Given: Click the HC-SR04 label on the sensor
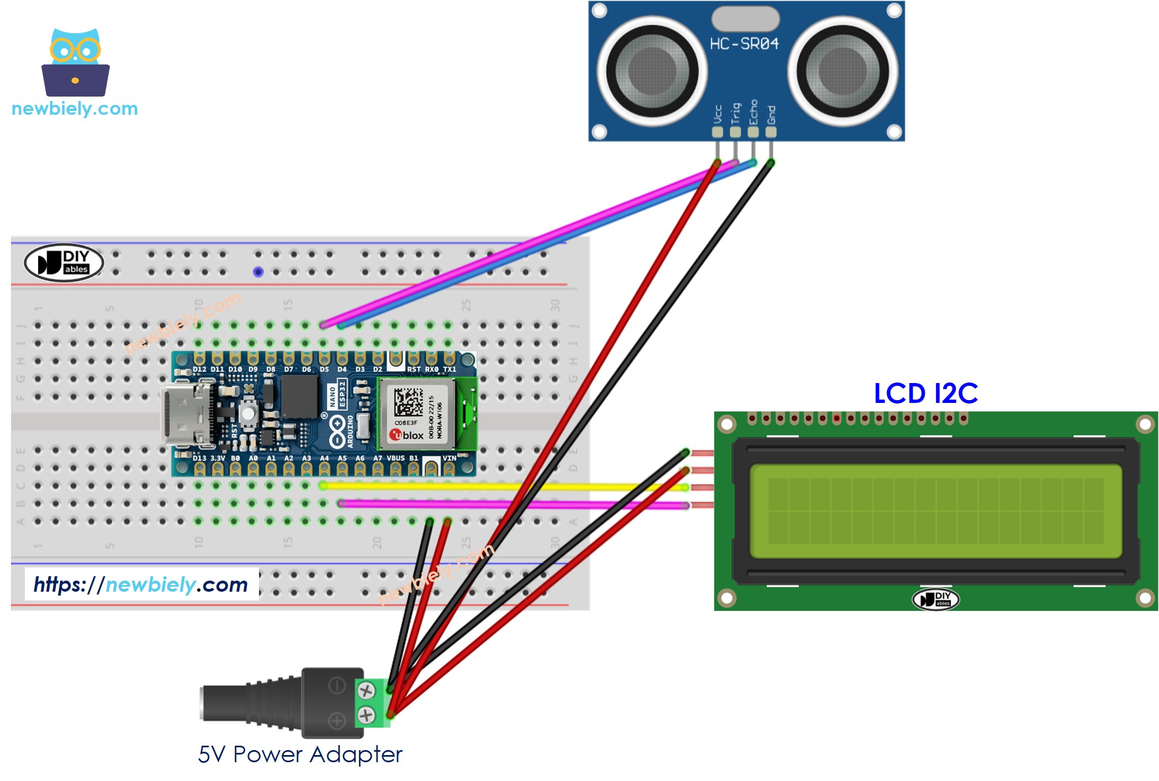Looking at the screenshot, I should [744, 44].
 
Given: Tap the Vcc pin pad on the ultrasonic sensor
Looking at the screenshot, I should [717, 132].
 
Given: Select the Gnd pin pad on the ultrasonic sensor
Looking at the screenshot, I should [771, 132].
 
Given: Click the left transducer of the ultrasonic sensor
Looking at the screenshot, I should [652, 71].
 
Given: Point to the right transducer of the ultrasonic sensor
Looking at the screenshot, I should [842, 71].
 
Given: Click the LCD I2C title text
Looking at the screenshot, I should [925, 394].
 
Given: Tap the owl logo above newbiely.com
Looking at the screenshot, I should [76, 62].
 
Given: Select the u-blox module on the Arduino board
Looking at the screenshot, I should [417, 414].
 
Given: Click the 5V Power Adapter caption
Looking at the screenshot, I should [300, 754].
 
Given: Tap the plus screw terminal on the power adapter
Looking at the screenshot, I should [366, 715].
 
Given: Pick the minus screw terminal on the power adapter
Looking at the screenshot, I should [366, 690].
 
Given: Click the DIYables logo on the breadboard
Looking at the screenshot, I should [64, 262].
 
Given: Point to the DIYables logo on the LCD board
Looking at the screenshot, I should [935, 599].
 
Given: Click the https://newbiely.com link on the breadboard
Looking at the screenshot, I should [141, 585].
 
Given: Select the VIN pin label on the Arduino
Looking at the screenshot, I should [449, 458].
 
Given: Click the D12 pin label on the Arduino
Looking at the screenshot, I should [199, 369].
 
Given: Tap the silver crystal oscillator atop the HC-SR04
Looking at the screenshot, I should [745, 19].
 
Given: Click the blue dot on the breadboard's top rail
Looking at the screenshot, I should [258, 272].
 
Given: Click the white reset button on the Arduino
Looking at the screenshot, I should [250, 413].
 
